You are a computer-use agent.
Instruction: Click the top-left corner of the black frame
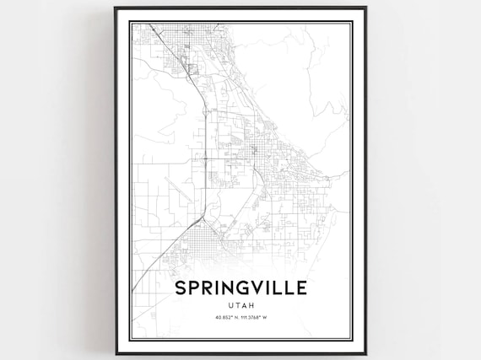[116, 8]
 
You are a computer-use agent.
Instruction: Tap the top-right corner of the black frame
[365, 8]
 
